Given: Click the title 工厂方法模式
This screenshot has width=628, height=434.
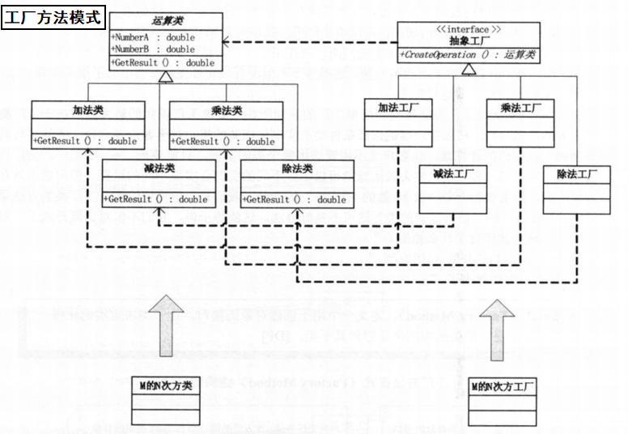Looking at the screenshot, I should tap(54, 16).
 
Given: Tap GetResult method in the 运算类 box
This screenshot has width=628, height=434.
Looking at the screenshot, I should tap(163, 62).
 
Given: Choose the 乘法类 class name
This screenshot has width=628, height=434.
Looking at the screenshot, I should tap(226, 109).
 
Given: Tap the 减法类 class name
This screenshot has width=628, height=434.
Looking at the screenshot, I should tap(159, 168).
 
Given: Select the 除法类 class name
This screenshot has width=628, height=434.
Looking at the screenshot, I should tap(297, 168).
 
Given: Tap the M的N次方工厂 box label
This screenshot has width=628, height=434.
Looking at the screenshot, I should tap(502, 385).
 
